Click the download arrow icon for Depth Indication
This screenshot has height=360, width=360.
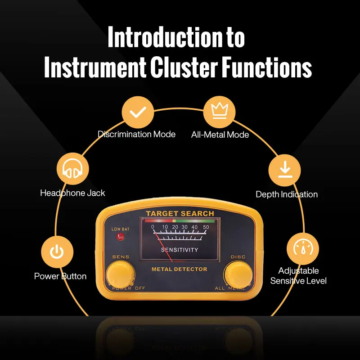tap(284, 170)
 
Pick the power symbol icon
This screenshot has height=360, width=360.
tap(57, 252)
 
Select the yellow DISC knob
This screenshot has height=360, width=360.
tap(238, 274)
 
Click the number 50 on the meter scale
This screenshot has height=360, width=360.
tap(206, 227)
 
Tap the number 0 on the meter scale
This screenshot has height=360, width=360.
tap(153, 227)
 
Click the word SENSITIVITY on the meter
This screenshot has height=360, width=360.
tap(179, 250)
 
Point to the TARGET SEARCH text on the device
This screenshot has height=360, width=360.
tap(180, 213)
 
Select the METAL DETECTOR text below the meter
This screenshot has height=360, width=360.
tap(179, 269)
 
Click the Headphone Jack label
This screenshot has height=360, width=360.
tap(72, 193)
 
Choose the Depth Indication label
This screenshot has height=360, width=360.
tap(287, 194)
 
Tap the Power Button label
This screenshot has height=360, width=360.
tap(60, 276)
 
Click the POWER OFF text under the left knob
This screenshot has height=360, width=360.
tap(129, 288)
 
